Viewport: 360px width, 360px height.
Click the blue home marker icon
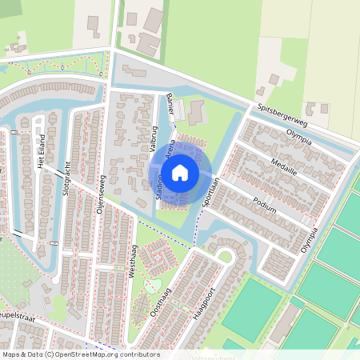(181, 171)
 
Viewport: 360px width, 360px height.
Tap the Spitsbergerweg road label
(282, 113)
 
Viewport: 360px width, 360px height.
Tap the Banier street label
(170, 104)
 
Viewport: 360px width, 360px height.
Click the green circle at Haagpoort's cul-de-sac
(226, 258)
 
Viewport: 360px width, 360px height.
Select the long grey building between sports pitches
(285, 323)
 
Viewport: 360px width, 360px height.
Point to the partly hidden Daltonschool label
(214, 356)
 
